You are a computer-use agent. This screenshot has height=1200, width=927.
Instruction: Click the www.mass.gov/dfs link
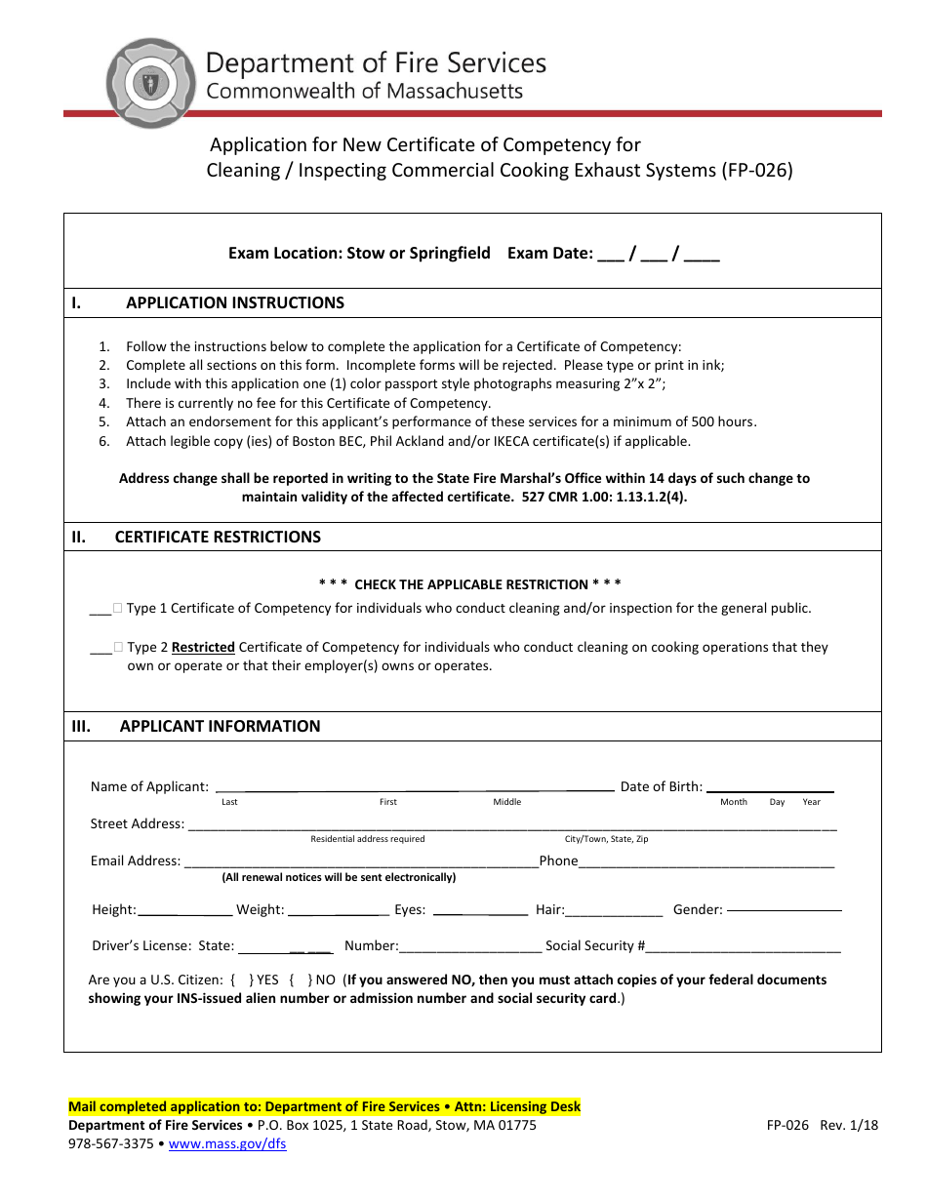click(x=227, y=1144)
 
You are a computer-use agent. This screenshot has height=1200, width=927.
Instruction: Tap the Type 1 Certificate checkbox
click(x=117, y=608)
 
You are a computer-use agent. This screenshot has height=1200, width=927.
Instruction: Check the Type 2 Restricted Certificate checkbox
click(x=117, y=647)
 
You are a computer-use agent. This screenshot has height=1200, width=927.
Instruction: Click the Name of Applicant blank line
click(x=414, y=785)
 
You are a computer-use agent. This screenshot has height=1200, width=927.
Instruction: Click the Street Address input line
click(x=511, y=824)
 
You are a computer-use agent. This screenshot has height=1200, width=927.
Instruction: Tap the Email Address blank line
click(x=360, y=861)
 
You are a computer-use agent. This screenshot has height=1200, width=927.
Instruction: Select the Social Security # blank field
click(x=744, y=946)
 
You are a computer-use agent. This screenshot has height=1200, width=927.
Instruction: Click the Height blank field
click(x=184, y=910)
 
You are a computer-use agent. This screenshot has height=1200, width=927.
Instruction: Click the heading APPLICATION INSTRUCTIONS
click(x=234, y=302)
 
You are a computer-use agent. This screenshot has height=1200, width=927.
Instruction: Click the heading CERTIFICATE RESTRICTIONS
click(x=218, y=537)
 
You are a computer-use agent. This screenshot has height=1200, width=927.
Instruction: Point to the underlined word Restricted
click(x=203, y=647)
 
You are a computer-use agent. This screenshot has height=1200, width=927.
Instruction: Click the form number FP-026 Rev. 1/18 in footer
click(x=822, y=1125)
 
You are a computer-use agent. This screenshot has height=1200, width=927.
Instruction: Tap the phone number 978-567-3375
click(x=110, y=1144)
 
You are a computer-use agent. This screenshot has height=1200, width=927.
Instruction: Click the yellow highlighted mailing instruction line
click(x=324, y=1106)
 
